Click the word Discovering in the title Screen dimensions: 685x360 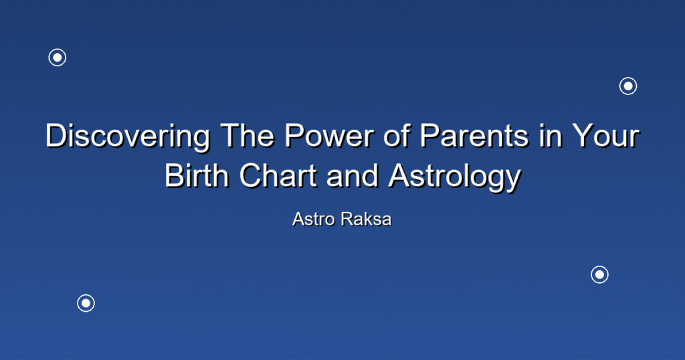point(128,137)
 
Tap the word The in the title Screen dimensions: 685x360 point(246,135)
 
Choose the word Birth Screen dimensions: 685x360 point(197,176)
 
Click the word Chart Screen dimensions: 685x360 point(278,176)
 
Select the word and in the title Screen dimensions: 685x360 point(353,176)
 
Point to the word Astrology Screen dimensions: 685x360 point(455,178)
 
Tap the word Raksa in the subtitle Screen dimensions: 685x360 point(367,219)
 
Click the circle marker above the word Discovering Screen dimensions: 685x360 point(58,49)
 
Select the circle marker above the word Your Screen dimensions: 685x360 point(628,78)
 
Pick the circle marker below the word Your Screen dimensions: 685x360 point(600,266)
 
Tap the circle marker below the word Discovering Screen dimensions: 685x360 point(86,295)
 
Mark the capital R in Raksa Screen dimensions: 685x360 point(347,219)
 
